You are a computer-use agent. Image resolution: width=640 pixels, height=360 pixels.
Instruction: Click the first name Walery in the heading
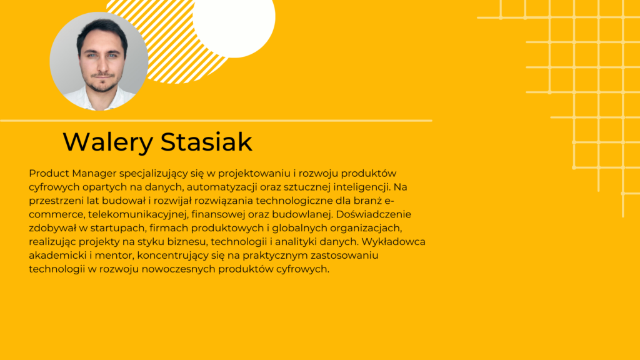pos(107,142)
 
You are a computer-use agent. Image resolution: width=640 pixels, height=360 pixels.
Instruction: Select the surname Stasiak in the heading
pos(207,142)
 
